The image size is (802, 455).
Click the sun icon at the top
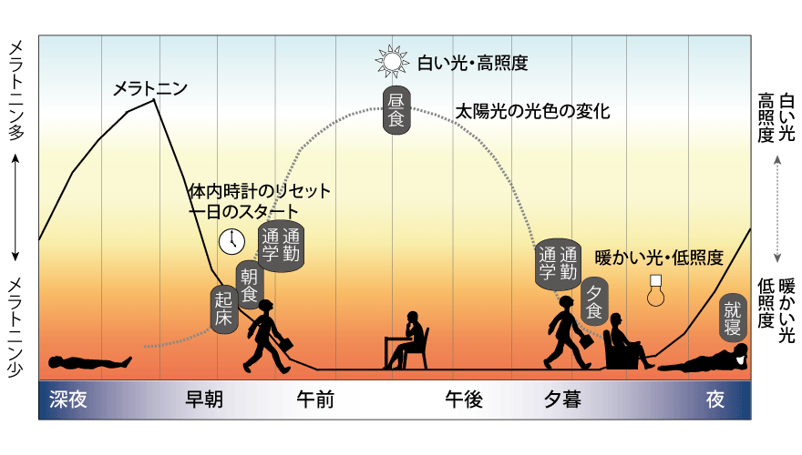point(392,61)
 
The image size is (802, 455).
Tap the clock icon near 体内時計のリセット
point(232,240)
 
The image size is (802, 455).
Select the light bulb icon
point(654,290)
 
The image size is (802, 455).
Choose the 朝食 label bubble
point(249,283)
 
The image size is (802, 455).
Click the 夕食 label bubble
point(594,300)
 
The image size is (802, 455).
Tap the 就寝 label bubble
point(732,315)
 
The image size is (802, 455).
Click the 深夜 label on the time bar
point(68,399)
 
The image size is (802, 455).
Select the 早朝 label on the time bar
point(204,399)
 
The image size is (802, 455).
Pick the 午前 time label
point(316,399)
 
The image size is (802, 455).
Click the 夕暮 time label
point(562,399)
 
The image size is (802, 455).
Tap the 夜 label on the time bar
point(715,399)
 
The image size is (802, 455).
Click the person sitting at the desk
point(407,340)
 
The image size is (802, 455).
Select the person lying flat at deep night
point(87,362)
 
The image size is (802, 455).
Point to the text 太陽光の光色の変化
point(532,112)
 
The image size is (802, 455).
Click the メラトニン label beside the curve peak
point(149,88)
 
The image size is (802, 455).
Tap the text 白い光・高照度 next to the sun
point(472,63)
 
